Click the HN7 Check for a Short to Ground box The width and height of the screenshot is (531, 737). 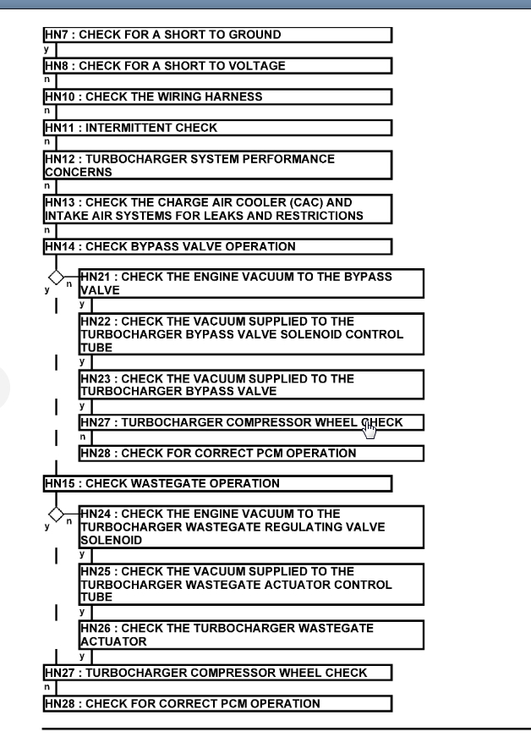pos(217,35)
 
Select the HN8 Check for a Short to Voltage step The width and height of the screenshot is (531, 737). pos(217,66)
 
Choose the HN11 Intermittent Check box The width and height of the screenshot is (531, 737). pos(217,128)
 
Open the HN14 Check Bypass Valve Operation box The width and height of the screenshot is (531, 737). pos(217,246)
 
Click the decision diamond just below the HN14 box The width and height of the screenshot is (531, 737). pos(56,277)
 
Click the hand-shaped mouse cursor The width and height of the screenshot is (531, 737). pos(369,431)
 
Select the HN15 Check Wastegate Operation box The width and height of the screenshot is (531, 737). pos(217,483)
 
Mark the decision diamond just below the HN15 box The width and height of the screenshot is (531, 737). pos(56,514)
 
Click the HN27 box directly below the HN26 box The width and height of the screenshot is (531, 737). pos(217,673)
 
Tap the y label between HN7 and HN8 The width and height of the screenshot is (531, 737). pos(45,50)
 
